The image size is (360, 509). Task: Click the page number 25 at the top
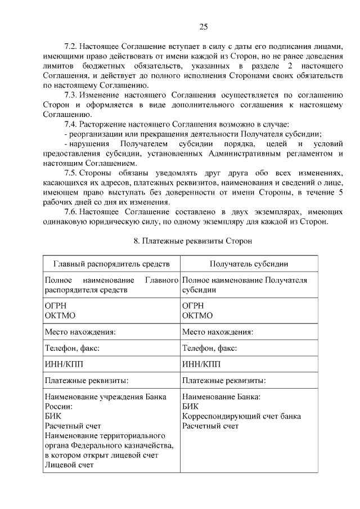pyautogui.click(x=204, y=26)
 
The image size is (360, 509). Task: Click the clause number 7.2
pyautogui.click(x=71, y=47)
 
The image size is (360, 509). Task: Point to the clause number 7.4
pyautogui.click(x=71, y=124)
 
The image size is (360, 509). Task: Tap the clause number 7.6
pyautogui.click(x=71, y=211)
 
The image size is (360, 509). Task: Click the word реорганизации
pyautogui.click(x=96, y=133)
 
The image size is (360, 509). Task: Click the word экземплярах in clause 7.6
pyautogui.click(x=255, y=211)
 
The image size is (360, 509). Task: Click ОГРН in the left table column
pyautogui.click(x=56, y=306)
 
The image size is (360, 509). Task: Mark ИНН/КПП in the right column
pyautogui.click(x=201, y=364)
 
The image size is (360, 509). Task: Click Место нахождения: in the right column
pyautogui.click(x=218, y=332)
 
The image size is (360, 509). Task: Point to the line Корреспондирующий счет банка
pyautogui.click(x=241, y=416)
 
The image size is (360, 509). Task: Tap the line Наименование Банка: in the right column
pyautogui.click(x=221, y=397)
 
